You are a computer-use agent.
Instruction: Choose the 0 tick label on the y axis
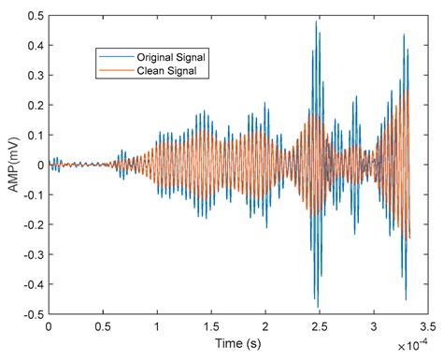tap(38, 166)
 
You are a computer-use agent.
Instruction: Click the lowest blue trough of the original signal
tap(318, 307)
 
